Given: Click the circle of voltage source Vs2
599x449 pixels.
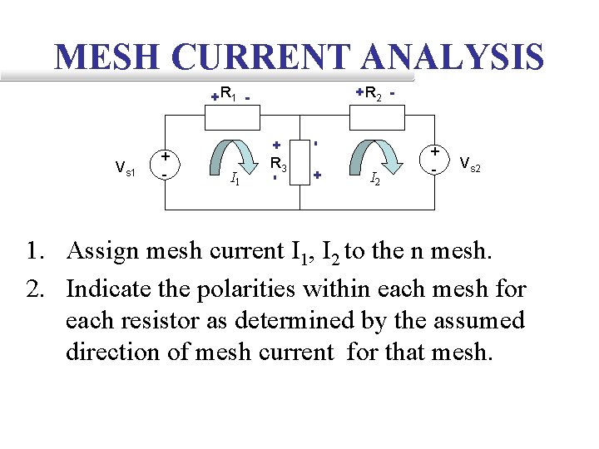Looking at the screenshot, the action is [x=434, y=158].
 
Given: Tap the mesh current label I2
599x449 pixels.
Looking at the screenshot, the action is [x=375, y=177].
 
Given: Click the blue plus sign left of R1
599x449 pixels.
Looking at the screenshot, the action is [x=215, y=96].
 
